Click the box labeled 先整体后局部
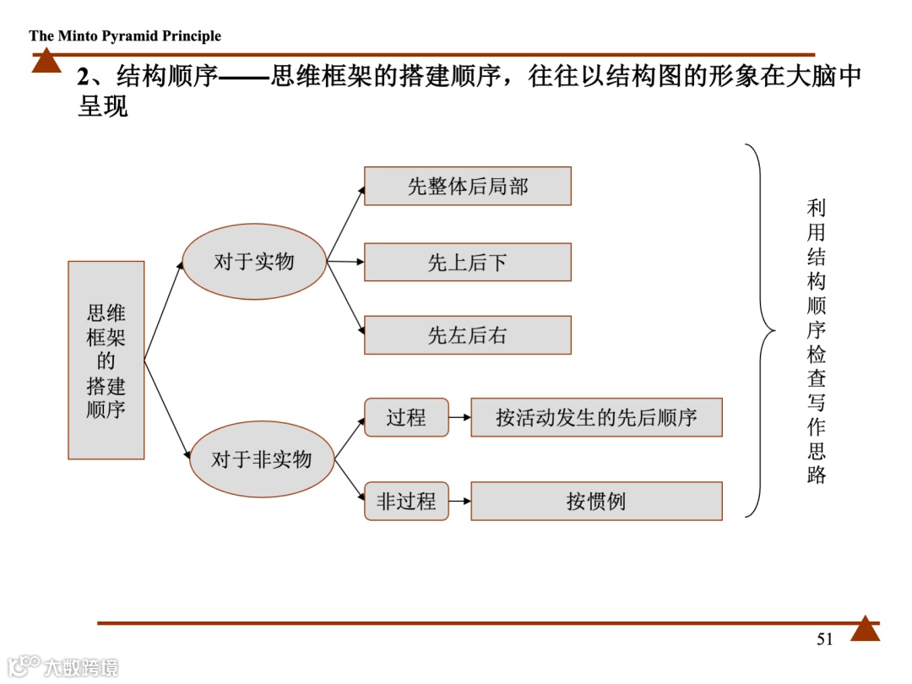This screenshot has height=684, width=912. click(467, 186)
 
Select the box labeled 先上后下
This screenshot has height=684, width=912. click(467, 262)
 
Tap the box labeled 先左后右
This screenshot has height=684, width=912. click(467, 335)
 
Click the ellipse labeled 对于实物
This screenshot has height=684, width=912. click(254, 262)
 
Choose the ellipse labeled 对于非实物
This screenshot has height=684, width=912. click(261, 459)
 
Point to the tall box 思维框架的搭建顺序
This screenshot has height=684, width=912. click(106, 361)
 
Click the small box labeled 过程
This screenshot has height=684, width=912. click(406, 417)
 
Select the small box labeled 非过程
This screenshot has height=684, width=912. click(406, 501)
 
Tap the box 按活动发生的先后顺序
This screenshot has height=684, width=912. click(596, 417)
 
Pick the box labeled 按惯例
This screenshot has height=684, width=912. click(596, 501)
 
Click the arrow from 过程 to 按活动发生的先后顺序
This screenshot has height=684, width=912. click(459, 417)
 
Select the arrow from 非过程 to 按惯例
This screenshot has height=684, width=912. click(459, 501)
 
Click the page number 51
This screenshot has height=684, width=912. click(825, 639)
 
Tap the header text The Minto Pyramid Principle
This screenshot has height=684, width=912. click(125, 35)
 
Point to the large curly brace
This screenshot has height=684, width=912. click(760, 330)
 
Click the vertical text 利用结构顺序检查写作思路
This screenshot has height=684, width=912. click(816, 341)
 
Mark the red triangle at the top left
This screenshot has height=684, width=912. click(46, 62)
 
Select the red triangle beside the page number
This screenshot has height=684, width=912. click(865, 629)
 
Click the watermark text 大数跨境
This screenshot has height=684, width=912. click(81, 666)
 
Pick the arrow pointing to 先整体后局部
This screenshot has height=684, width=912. click(346, 221)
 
